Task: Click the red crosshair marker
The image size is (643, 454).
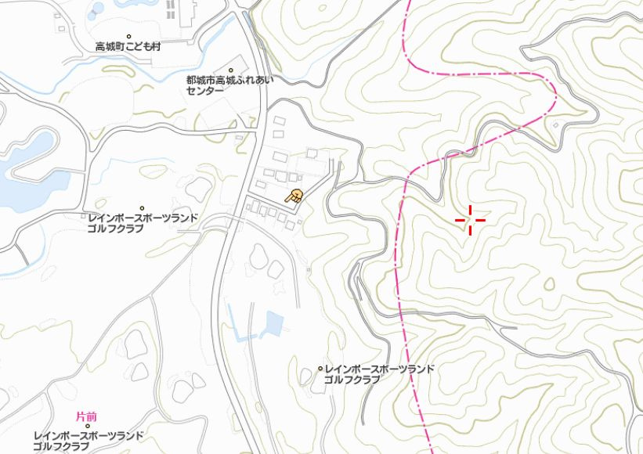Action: pos(470,220)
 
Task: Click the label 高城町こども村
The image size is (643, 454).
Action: pos(128,47)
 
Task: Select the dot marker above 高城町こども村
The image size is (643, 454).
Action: pos(129,36)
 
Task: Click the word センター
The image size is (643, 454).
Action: pos(204,91)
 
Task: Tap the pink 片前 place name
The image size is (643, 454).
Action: pos(86,416)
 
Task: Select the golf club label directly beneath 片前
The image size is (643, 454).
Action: pos(88,441)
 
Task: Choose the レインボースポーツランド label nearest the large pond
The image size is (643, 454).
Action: pos(143,223)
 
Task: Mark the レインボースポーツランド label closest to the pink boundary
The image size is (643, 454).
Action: pos(379,374)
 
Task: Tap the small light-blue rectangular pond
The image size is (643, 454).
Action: pos(273,322)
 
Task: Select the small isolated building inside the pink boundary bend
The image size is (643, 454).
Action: pos(555,124)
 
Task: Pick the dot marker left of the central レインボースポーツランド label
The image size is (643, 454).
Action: pos(320,369)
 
